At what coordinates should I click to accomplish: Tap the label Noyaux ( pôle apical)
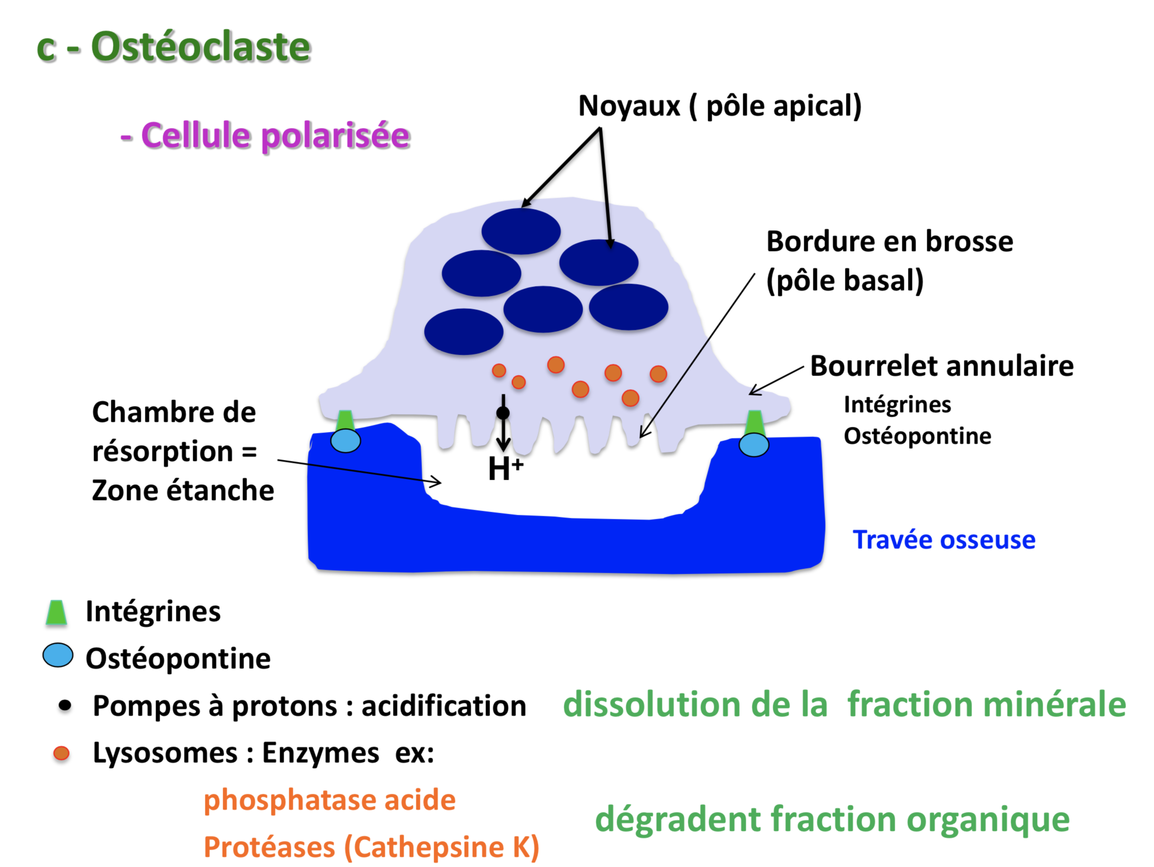[719, 106]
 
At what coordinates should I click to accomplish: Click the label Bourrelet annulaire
[942, 366]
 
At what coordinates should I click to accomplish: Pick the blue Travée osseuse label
[944, 539]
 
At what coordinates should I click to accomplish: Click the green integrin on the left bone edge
[345, 420]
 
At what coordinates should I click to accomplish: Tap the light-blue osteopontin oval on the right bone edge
[753, 445]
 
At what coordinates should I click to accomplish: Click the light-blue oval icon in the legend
[58, 655]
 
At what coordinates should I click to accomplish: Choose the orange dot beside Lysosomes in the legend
[62, 753]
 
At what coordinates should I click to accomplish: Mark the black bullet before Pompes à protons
[65, 706]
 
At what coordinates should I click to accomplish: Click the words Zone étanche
[183, 490]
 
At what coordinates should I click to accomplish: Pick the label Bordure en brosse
[890, 241]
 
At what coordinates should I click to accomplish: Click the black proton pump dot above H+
[503, 413]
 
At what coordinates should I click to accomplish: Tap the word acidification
[443, 706]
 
